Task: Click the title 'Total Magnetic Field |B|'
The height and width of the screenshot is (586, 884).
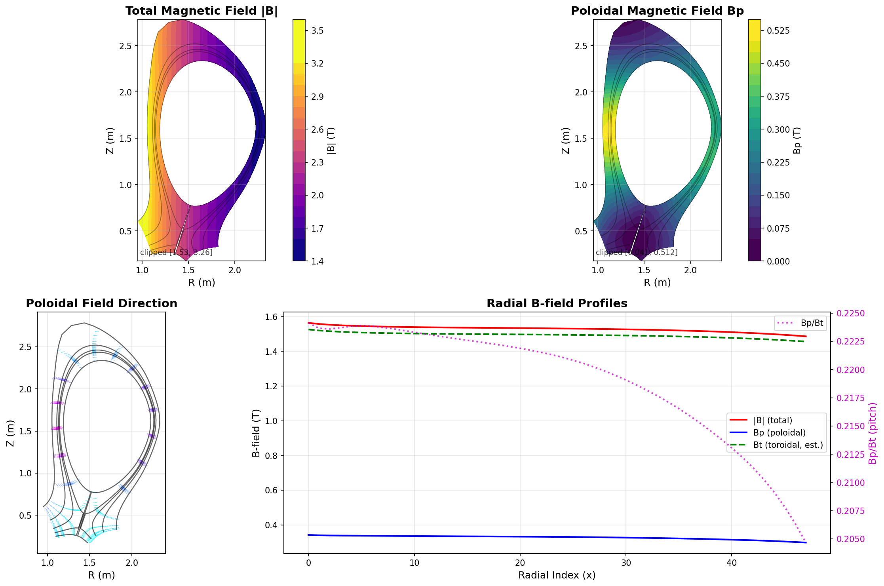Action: click(x=202, y=11)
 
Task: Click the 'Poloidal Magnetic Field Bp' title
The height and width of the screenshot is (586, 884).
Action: click(x=657, y=11)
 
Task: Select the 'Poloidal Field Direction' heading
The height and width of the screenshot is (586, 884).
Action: click(x=101, y=303)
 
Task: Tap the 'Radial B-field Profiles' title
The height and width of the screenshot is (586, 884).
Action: click(x=557, y=303)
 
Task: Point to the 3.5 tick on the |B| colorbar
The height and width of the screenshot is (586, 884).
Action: click(x=317, y=30)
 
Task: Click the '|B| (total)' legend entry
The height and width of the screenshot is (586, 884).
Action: click(x=773, y=420)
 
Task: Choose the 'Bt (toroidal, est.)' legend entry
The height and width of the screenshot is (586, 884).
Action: click(x=788, y=445)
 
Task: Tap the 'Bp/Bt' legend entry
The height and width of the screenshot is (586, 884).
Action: click(x=812, y=323)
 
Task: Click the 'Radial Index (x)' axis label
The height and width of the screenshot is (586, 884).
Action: click(x=557, y=575)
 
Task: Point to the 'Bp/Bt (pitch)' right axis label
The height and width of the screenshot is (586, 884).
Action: click(x=873, y=433)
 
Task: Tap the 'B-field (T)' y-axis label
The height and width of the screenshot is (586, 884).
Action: click(x=256, y=433)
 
